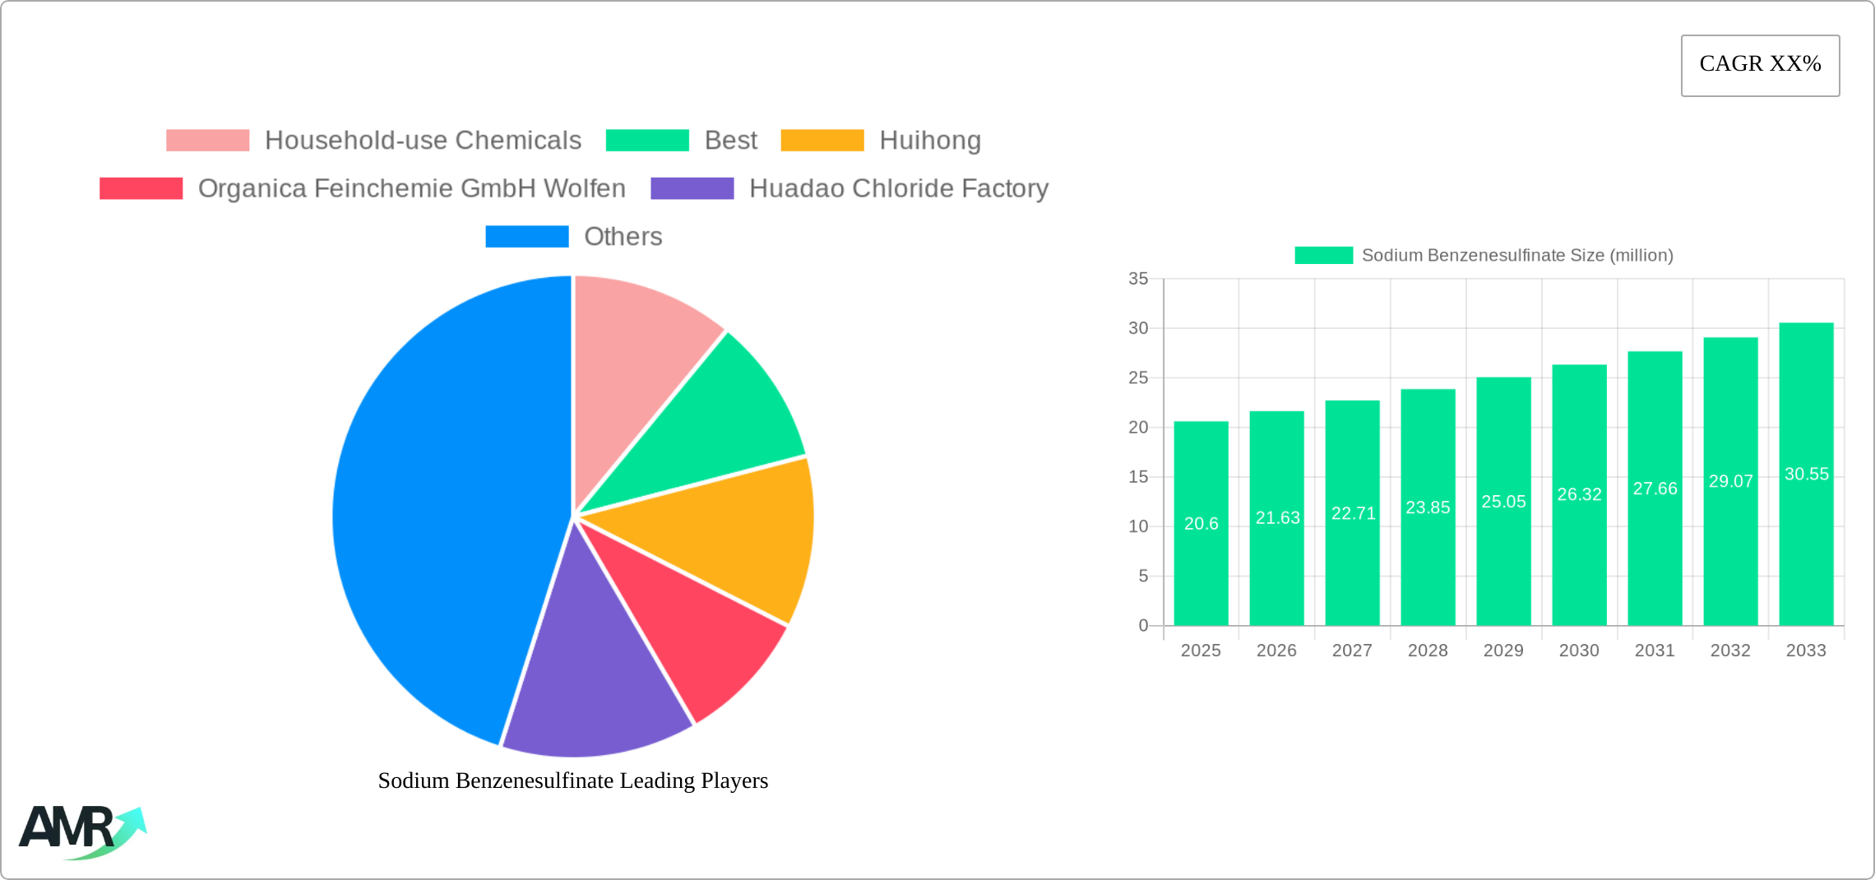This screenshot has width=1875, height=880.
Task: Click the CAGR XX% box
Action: click(1760, 65)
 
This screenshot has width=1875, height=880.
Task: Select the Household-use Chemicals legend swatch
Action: click(207, 141)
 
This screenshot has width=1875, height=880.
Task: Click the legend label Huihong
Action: click(929, 141)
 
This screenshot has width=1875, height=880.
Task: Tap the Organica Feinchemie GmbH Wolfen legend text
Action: click(411, 188)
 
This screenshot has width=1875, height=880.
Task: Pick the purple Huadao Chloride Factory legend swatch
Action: click(692, 188)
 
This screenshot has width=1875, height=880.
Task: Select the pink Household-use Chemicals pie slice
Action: click(637, 354)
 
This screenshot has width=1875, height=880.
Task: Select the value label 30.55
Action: click(1806, 475)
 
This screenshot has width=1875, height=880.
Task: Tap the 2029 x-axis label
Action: click(1503, 651)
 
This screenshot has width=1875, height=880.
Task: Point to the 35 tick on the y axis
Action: click(1138, 279)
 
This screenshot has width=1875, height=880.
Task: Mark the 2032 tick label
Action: click(1730, 651)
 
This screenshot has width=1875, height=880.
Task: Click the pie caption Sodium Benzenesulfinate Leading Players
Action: click(573, 780)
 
